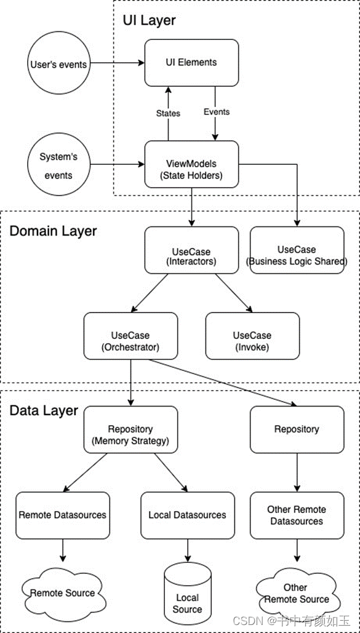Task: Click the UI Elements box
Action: pos(191,63)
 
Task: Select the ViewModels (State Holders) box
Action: pos(191,164)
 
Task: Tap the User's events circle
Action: pos(59,64)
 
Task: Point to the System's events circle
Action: pos(58,165)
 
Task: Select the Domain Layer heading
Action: pos(53,231)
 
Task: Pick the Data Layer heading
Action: pos(44,410)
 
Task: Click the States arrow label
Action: pos(168,113)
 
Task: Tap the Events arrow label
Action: pos(216,112)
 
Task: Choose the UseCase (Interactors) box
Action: pos(191,250)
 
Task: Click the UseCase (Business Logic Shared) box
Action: pos(297,250)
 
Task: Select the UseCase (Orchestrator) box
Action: pos(130,336)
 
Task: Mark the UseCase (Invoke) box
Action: pos(252,336)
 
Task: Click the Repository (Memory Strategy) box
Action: pos(130,429)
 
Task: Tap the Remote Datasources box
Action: pos(62,515)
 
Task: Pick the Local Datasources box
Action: pos(187,515)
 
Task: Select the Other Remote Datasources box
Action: pos(297,515)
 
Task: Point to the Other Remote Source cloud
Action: pos(296,594)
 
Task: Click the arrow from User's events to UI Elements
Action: pos(116,63)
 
